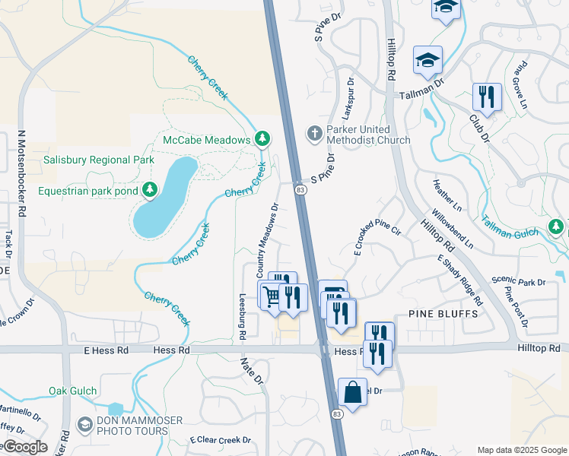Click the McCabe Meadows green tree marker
tap(262, 138)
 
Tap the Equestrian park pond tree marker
tap(151, 189)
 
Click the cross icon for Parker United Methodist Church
tap(314, 134)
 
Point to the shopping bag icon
tap(352, 393)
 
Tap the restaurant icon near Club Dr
tap(486, 97)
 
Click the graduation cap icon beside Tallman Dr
tap(428, 61)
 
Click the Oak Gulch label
tap(73, 391)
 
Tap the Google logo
tap(24, 447)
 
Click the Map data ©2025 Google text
tap(521, 450)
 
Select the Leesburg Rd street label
tap(243, 316)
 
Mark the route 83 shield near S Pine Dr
tap(301, 189)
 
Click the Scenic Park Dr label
tap(518, 281)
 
